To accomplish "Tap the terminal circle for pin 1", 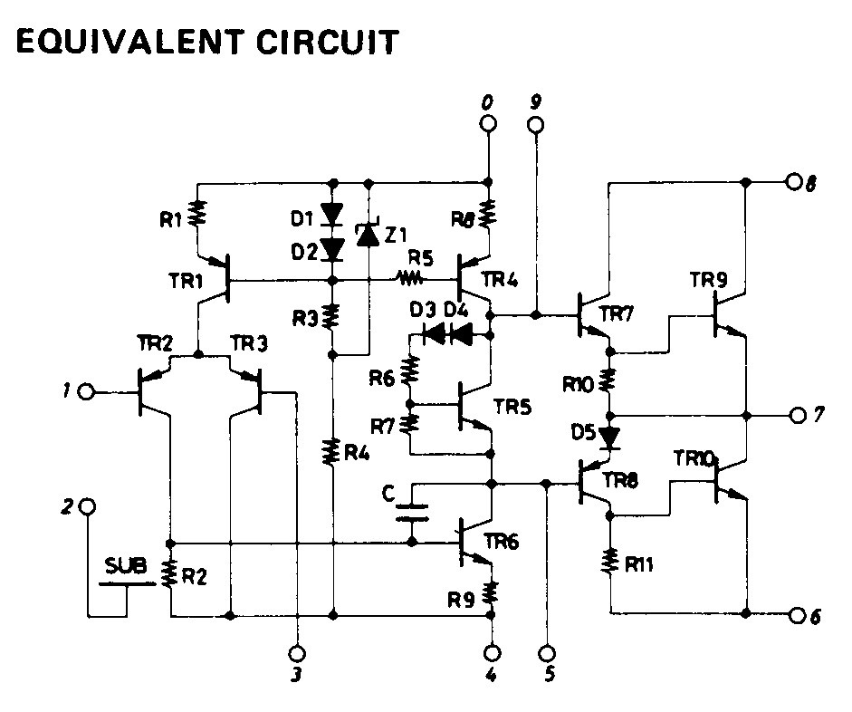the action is point(86,391).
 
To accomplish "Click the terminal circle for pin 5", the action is point(549,653).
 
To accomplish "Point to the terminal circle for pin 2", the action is point(87,506).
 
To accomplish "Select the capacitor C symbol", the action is point(412,513).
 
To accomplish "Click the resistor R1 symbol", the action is point(197,214).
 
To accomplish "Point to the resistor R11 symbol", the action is point(609,562).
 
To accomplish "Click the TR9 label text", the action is point(708,280).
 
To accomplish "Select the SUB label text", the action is point(126,566).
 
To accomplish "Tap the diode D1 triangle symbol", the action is point(331,215).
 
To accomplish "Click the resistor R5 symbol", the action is point(411,279).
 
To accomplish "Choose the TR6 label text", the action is point(501,542).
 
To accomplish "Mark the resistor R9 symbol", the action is point(491,593).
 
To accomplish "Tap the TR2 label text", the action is point(155,343).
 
